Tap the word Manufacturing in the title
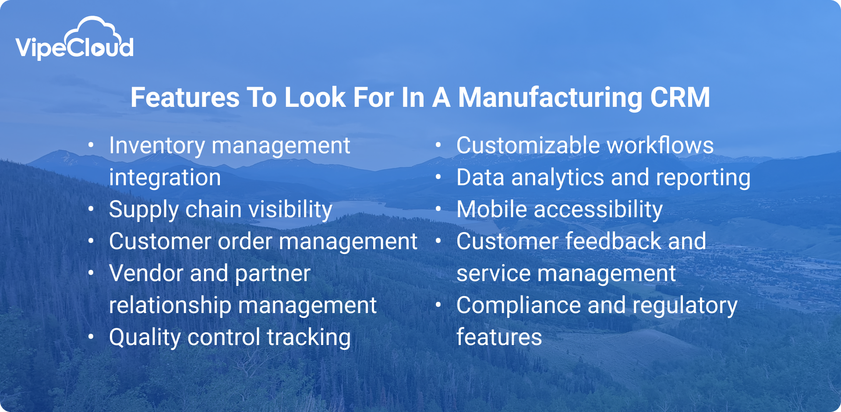pos(550,97)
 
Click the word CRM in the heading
pos(680,97)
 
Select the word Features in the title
pos(185,97)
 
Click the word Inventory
pos(157,146)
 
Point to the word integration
pos(165,178)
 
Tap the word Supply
pos(143,210)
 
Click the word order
pos(245,242)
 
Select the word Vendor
pos(146,274)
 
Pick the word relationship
pos(170,306)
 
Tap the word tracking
pos(308,338)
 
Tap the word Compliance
pos(519,306)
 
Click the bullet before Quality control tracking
pos(91,337)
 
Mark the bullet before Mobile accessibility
pos(438,209)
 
